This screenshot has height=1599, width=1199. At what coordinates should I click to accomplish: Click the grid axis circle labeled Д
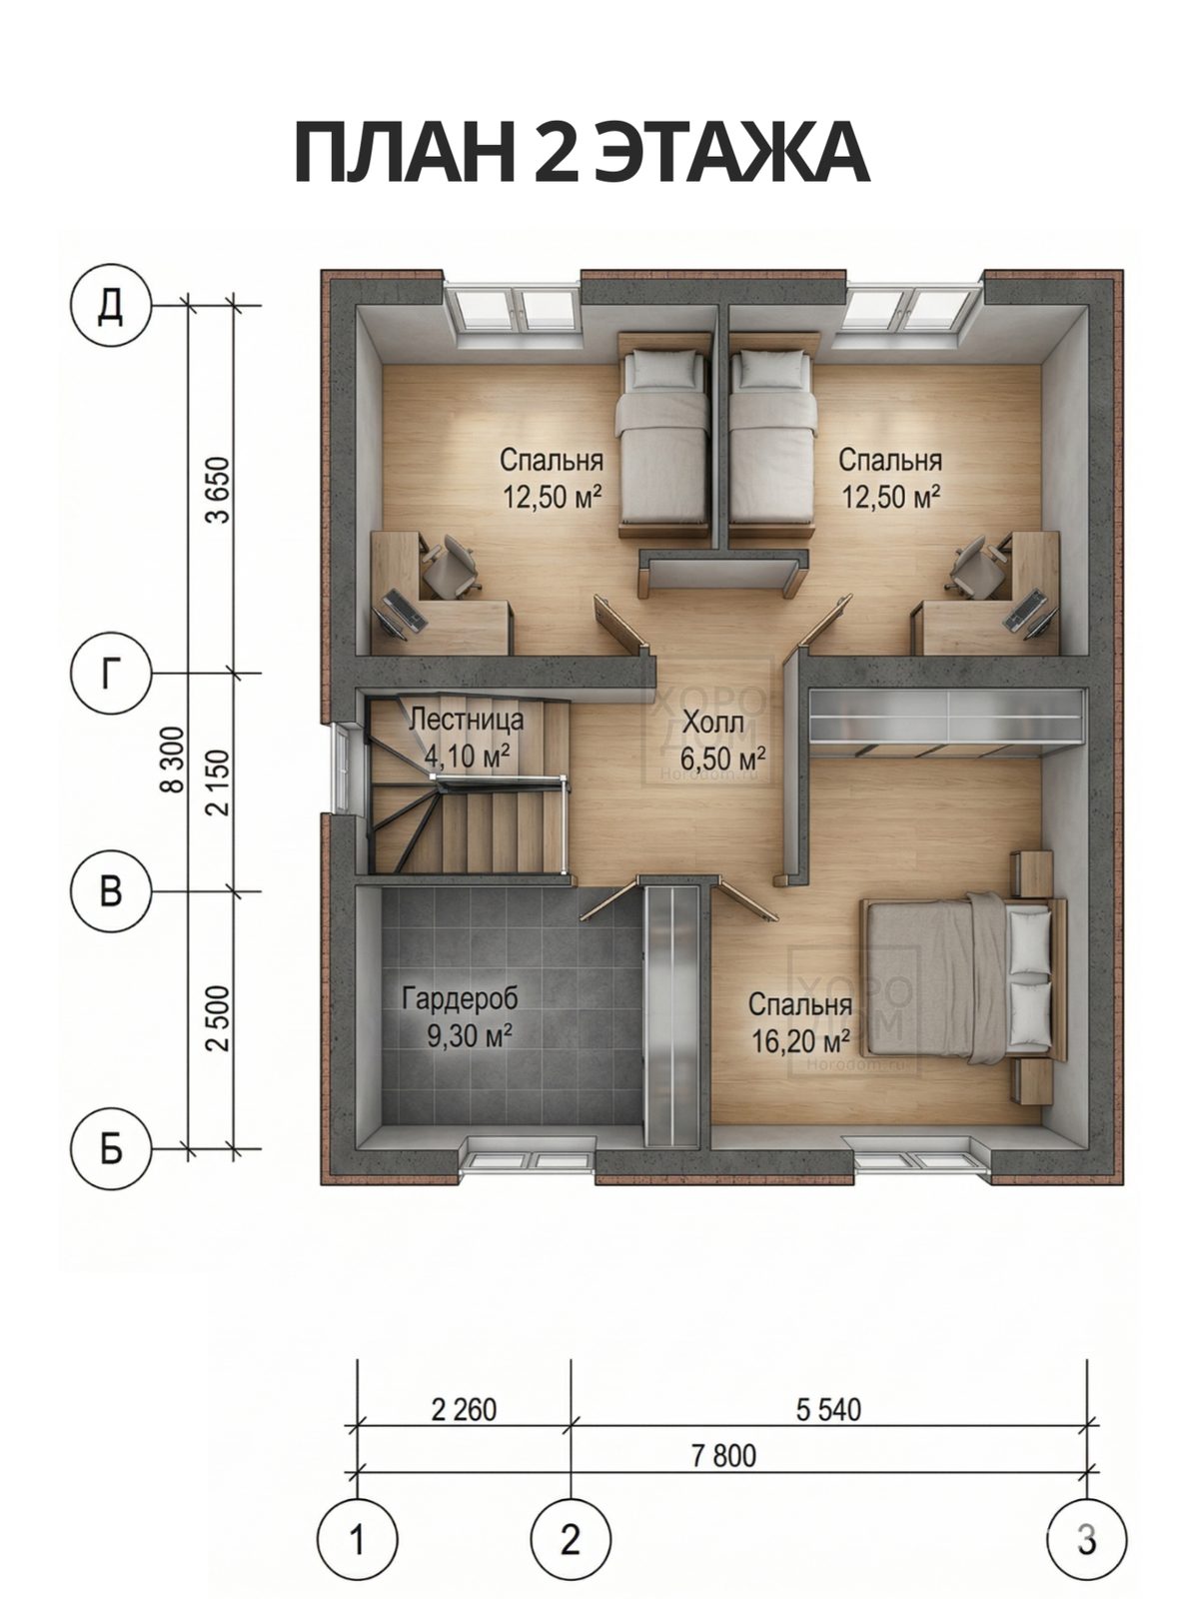click(110, 305)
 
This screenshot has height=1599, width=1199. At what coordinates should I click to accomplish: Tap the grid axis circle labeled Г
click(110, 675)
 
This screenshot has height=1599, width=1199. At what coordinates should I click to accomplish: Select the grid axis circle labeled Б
click(110, 1149)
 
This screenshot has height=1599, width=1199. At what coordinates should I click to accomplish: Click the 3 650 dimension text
click(218, 490)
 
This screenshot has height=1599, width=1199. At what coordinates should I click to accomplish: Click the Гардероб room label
click(460, 998)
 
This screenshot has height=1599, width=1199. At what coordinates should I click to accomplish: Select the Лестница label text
click(466, 720)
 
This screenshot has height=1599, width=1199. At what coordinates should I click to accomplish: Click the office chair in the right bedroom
click(977, 566)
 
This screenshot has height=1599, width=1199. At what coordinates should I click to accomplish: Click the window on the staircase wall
click(342, 765)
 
